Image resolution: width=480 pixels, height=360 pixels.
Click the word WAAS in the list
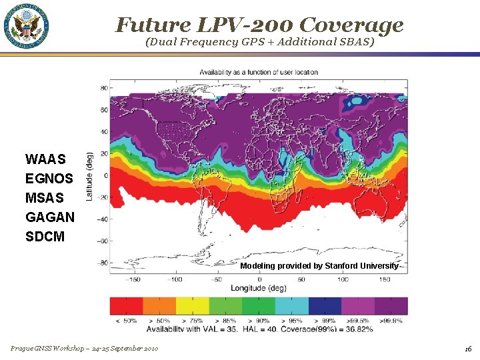pyautogui.click(x=45, y=159)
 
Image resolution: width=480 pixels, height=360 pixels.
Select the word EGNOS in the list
pyautogui.click(x=49, y=179)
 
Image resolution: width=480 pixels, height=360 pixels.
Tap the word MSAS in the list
pyautogui.click(x=45, y=198)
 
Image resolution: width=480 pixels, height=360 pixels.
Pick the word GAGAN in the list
pyautogui.click(x=50, y=217)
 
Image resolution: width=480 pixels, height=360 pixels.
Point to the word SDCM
pyautogui.click(x=45, y=237)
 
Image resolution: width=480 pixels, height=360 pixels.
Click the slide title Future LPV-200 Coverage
pyautogui.click(x=259, y=25)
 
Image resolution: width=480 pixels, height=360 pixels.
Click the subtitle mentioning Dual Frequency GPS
pyautogui.click(x=259, y=42)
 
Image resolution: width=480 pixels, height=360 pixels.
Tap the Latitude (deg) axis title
pyautogui.click(x=89, y=175)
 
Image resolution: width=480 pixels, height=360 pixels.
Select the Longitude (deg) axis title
pyautogui.click(x=259, y=288)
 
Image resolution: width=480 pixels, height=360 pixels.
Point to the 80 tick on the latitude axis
pyautogui.click(x=105, y=87)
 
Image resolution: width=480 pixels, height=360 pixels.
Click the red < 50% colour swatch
pyautogui.click(x=126, y=306)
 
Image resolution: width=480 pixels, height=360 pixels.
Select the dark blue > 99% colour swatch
pyautogui.click(x=325, y=306)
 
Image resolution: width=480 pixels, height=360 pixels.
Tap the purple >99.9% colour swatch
pyautogui.click(x=391, y=306)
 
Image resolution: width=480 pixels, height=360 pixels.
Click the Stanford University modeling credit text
pyautogui.click(x=319, y=266)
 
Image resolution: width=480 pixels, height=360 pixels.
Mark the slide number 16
pyautogui.click(x=469, y=349)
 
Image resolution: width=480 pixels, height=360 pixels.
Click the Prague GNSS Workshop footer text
pyautogui.click(x=84, y=349)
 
